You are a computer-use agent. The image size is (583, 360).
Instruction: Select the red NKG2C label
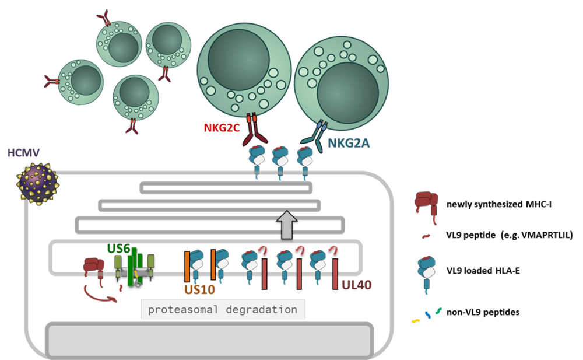[x=222, y=127]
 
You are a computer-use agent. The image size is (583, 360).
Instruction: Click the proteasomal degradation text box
[x=222, y=309]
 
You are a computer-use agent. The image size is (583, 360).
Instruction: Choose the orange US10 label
[x=200, y=290]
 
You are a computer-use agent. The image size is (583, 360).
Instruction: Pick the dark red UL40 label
[x=357, y=285]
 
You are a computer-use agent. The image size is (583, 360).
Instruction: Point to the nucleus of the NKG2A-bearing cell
[x=347, y=92]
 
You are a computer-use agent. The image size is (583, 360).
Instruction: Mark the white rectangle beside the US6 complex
[x=170, y=261]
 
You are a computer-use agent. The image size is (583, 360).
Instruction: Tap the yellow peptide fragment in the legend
[x=415, y=320]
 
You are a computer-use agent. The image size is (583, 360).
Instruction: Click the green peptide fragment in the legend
[x=438, y=311]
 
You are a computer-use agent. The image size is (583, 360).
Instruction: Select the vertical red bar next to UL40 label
[x=335, y=274]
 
